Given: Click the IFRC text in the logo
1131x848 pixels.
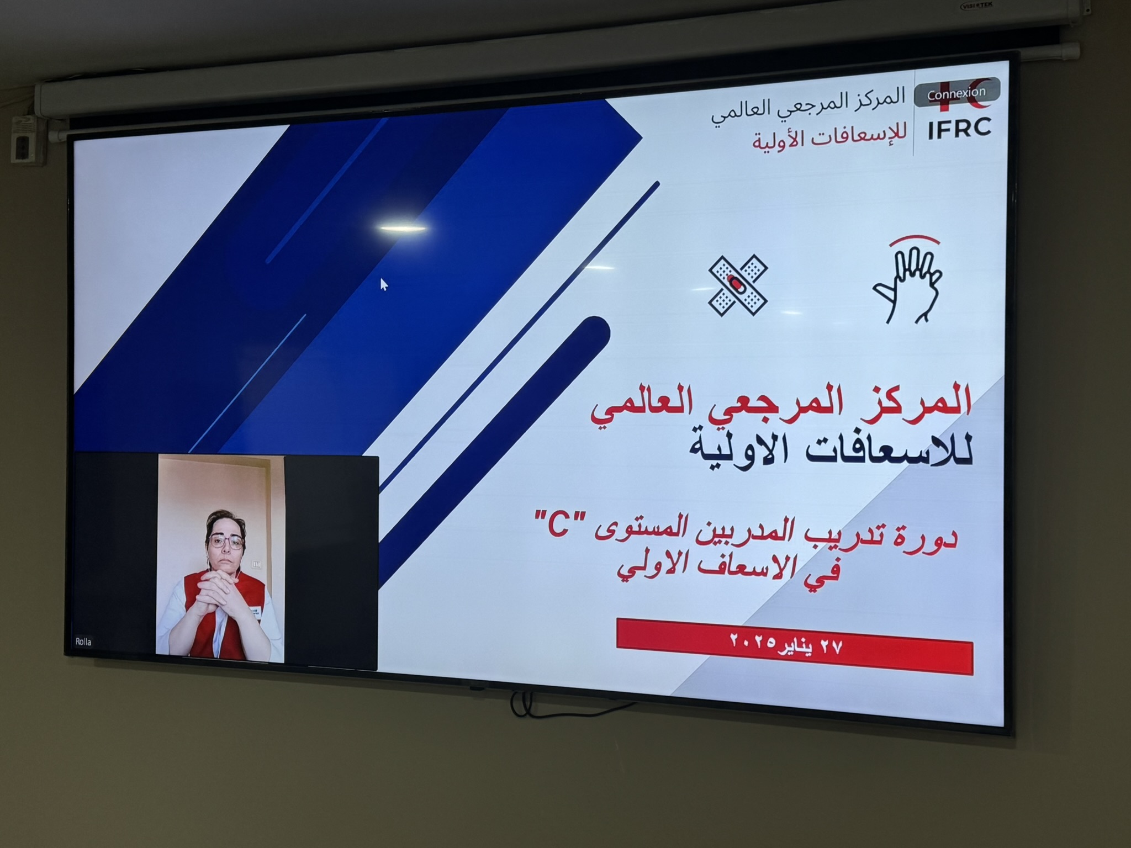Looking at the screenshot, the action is coord(959,129).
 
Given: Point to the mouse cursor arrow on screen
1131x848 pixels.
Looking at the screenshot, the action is coord(384,284).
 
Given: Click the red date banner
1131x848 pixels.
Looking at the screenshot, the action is coord(794,646).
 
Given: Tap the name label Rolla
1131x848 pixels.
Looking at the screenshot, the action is coord(83,642).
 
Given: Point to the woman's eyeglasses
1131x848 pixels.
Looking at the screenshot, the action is coord(225,541).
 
